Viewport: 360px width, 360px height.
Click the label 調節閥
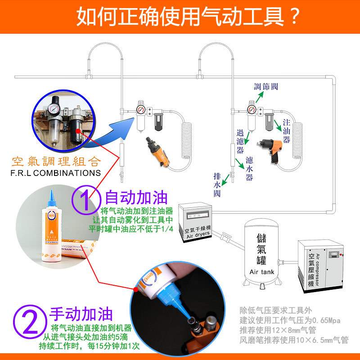click(x=265, y=86)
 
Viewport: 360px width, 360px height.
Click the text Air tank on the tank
click(x=261, y=272)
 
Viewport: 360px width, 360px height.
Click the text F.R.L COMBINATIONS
click(x=56, y=173)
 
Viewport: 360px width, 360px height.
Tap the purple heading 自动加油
click(x=136, y=198)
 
